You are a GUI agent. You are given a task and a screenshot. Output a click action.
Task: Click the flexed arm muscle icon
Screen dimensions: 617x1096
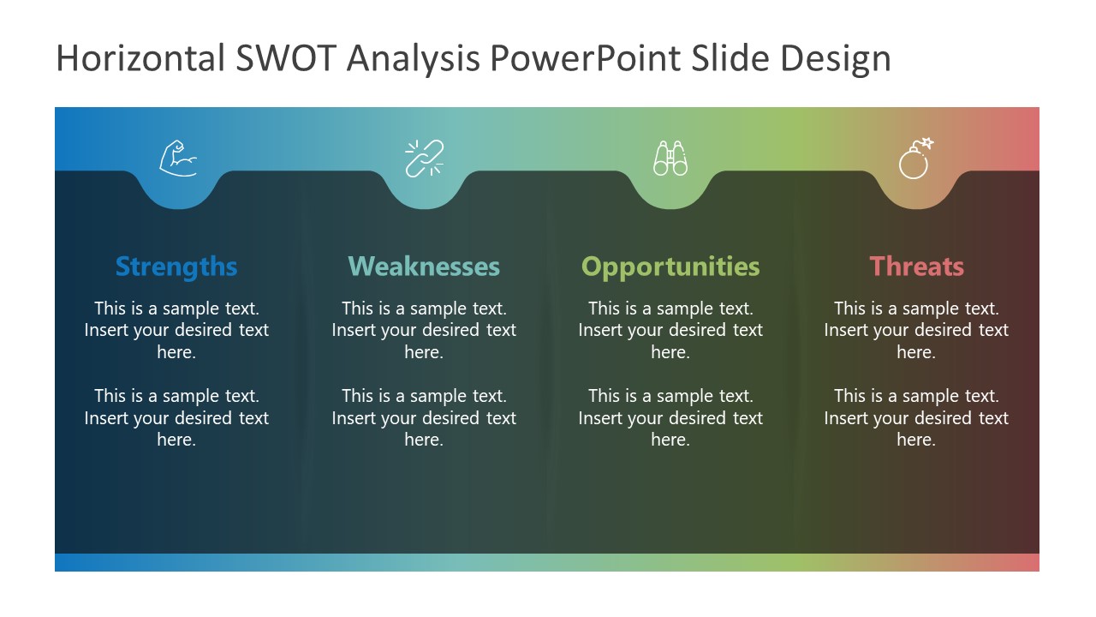pyautogui.click(x=178, y=159)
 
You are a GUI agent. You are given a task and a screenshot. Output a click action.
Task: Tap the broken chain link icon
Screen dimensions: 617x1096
pyautogui.click(x=424, y=159)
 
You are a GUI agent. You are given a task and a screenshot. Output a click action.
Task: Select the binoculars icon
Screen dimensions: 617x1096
pyautogui.click(x=670, y=159)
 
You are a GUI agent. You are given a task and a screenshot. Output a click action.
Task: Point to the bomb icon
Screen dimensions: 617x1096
pyautogui.click(x=915, y=159)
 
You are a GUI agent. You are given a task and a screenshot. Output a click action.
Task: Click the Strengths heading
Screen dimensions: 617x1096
pyautogui.click(x=176, y=267)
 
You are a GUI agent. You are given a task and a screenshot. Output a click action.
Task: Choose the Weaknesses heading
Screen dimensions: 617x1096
pyautogui.click(x=424, y=267)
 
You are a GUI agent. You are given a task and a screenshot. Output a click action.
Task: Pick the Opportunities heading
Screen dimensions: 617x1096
pyautogui.click(x=670, y=267)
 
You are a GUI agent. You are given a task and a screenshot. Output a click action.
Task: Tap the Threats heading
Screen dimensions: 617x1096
pyautogui.click(x=916, y=267)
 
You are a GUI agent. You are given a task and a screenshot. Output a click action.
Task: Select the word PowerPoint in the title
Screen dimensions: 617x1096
pyautogui.click(x=586, y=58)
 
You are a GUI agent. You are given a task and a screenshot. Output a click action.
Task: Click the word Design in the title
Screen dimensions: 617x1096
pyautogui.click(x=836, y=58)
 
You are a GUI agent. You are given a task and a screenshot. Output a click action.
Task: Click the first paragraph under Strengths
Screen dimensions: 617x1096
pyautogui.click(x=176, y=330)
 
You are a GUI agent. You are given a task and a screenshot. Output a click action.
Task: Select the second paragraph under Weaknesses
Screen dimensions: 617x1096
pyautogui.click(x=424, y=417)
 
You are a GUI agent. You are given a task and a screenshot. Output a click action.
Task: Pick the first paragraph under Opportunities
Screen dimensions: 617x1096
pyautogui.click(x=670, y=330)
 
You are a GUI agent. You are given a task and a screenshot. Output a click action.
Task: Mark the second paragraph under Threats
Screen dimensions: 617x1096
pyautogui.click(x=916, y=417)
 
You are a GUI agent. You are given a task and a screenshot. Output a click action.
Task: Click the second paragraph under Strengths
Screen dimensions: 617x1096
pyautogui.click(x=176, y=417)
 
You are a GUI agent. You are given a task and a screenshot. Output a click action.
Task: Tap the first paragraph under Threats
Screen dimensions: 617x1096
pyautogui.click(x=916, y=330)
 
